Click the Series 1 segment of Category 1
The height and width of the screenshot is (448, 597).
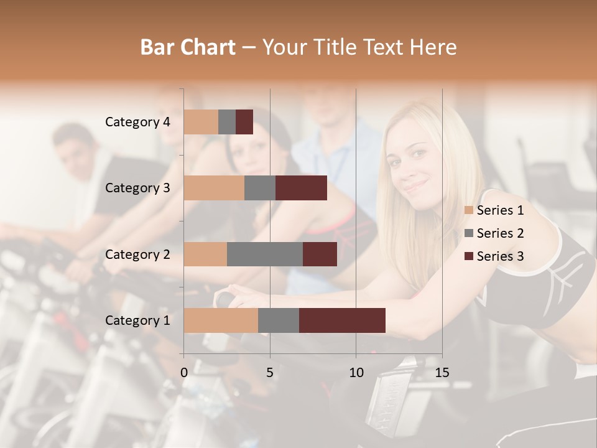pos(221,320)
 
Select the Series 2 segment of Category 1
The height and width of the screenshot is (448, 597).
pos(279,320)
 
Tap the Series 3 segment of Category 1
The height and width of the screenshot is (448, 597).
pos(342,320)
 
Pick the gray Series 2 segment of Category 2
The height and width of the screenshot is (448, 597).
pos(265,254)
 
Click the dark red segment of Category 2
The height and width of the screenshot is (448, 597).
pos(320,254)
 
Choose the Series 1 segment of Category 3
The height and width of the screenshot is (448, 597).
pos(214,188)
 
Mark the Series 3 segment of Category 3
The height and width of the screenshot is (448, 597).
pos(301,188)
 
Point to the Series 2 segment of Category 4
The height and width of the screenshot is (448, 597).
pos(227,122)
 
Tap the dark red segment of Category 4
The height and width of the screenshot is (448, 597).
pos(244,122)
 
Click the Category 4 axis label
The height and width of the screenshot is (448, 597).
pos(137,122)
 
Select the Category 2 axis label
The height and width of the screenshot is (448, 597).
pos(137,254)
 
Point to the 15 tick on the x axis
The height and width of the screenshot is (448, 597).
pos(442,373)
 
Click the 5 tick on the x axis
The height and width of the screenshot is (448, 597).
pos(270,373)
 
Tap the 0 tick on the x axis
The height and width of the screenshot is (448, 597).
pos(184,373)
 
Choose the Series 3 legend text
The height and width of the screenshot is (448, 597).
pos(500,256)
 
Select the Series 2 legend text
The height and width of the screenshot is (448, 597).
pos(500,233)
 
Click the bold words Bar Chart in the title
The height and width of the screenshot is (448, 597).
pos(188,47)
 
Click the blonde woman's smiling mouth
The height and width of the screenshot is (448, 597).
pos(415,185)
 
